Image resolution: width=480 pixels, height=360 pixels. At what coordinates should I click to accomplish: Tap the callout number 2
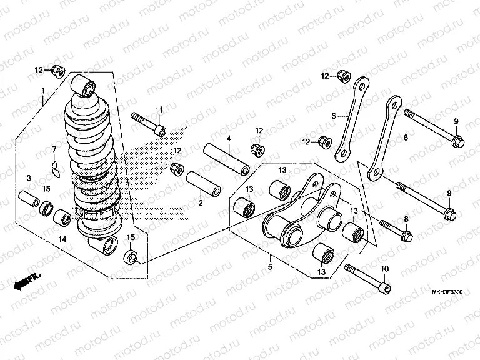coord(200,203)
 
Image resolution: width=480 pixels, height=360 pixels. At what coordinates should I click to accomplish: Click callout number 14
coord(62,238)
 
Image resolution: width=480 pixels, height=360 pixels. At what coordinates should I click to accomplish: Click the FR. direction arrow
coord(26,279)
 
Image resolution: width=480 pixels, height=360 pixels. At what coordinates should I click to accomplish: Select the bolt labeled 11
coord(148,123)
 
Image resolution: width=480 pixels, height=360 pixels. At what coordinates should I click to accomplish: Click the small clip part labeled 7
coord(55,167)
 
